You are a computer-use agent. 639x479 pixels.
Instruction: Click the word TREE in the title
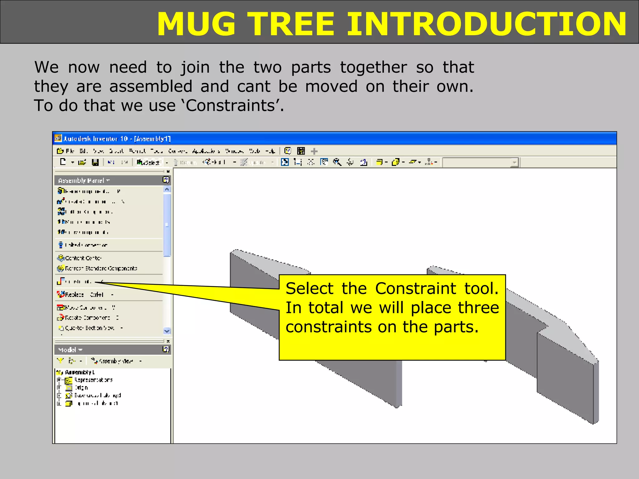[292, 24]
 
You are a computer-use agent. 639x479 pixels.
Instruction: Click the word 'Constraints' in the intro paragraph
[230, 106]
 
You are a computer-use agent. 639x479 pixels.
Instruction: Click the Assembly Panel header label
[81, 181]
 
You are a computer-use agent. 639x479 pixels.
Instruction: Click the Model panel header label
[67, 350]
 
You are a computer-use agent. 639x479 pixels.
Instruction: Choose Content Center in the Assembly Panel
[83, 258]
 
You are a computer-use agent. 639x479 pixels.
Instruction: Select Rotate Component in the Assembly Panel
[87, 318]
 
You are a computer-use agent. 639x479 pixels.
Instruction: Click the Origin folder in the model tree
[81, 388]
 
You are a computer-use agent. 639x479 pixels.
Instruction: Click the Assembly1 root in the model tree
[79, 372]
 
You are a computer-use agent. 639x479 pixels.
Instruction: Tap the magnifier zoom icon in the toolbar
[337, 162]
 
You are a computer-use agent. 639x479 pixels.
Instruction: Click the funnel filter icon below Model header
[60, 361]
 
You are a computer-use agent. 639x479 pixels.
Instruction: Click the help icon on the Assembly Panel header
[166, 180]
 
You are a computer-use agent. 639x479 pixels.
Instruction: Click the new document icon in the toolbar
[63, 162]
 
